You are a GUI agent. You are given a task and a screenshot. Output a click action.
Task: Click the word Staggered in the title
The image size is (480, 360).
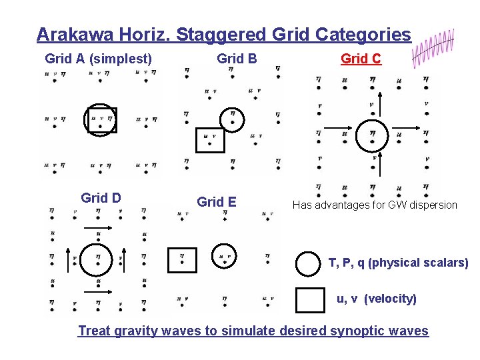(x=223, y=34)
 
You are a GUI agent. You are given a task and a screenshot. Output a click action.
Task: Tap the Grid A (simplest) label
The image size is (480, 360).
(x=99, y=59)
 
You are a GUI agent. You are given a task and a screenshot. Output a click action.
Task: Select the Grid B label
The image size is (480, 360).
(x=237, y=59)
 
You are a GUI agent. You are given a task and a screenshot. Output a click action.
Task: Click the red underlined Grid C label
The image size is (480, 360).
(x=361, y=59)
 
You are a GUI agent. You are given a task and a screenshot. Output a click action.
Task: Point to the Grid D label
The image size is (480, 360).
(x=101, y=198)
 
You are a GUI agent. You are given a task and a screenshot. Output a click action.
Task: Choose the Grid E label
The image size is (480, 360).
(x=216, y=202)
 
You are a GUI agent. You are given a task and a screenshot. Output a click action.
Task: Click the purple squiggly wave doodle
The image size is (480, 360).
(x=433, y=47)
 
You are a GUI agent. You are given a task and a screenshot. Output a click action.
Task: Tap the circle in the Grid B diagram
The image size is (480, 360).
(x=232, y=119)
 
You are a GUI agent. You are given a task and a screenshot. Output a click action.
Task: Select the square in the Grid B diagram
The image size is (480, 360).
(x=210, y=140)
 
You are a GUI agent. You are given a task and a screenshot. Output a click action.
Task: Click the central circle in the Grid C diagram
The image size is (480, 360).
(x=372, y=136)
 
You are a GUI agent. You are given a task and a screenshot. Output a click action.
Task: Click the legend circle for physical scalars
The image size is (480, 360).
(x=307, y=263)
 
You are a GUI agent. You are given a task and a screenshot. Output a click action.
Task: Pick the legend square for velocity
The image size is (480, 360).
(x=309, y=299)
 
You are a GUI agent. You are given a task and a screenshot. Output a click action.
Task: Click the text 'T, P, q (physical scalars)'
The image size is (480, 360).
(x=398, y=263)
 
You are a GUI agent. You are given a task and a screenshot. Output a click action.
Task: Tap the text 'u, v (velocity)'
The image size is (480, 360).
(x=377, y=299)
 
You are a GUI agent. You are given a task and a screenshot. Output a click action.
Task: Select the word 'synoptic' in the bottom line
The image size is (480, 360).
(x=355, y=331)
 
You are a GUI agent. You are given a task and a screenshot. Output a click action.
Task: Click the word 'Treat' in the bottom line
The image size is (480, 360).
(x=94, y=331)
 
